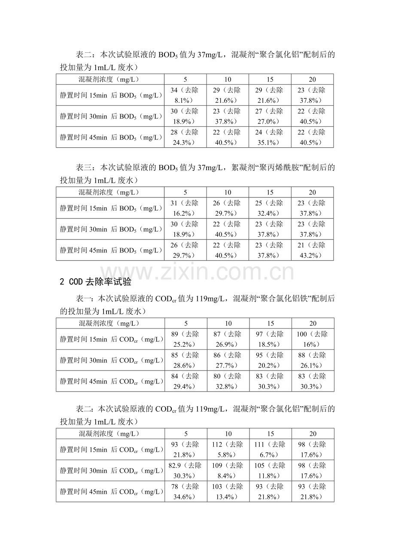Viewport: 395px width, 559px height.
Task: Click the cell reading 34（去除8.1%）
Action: pos(185,95)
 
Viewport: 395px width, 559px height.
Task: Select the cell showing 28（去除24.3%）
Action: pos(185,137)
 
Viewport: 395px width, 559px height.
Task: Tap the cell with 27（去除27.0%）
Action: pos(270,116)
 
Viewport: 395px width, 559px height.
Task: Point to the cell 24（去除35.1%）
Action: pos(270,137)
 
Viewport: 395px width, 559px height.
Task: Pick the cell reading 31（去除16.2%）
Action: pos(185,208)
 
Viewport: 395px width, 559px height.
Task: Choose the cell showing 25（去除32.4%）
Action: pos(270,208)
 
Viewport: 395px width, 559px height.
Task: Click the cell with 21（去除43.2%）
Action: pos(312,250)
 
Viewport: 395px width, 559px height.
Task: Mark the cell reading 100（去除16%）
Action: pos(313,339)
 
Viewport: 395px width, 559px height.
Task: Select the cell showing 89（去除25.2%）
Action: pos(185,339)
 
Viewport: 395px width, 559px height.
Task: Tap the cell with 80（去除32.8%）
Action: pos(228,381)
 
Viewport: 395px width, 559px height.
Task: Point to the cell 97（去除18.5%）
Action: pos(270,339)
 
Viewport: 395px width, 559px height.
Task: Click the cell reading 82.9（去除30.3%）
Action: pos(185,470)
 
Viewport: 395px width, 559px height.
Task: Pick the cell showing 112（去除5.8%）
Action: pos(228,449)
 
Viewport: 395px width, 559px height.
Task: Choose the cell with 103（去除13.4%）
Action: pos(228,491)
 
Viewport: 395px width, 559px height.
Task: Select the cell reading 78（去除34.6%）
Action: pos(185,491)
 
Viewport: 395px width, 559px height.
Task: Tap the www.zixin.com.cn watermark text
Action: pos(197,272)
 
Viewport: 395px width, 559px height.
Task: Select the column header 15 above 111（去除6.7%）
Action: pos(270,433)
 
